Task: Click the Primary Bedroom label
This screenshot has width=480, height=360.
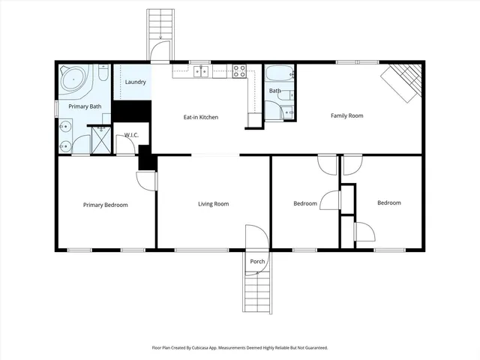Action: click(x=105, y=205)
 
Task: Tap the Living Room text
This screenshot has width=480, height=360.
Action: click(x=213, y=204)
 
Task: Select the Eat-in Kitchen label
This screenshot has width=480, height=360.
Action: click(x=201, y=117)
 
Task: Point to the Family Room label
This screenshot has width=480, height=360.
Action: click(x=347, y=115)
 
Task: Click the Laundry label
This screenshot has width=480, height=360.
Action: click(x=135, y=82)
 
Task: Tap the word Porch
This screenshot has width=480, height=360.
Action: click(x=257, y=261)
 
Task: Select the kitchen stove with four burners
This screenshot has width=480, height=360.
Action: click(x=239, y=71)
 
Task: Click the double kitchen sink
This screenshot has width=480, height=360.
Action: click(x=200, y=71)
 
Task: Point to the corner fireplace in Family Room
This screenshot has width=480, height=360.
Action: click(x=401, y=82)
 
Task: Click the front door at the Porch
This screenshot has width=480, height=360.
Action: click(x=256, y=236)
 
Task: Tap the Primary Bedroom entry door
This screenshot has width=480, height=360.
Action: click(x=146, y=180)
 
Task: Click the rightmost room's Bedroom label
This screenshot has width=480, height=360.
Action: click(x=388, y=202)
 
